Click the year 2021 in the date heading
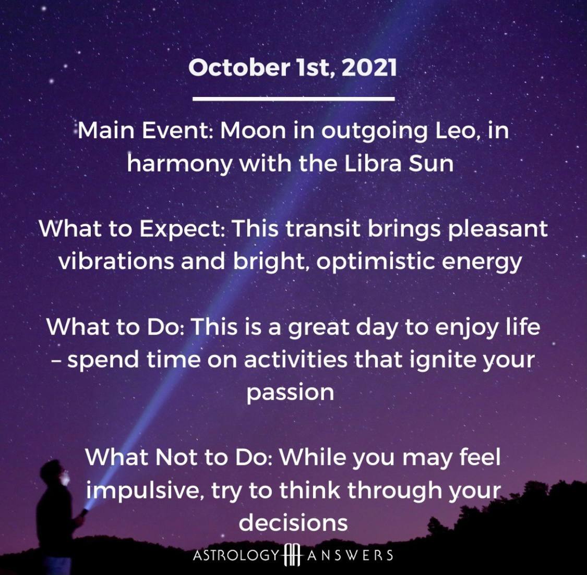click(369, 68)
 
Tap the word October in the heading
click(239, 68)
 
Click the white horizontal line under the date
click(293, 99)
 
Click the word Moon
click(253, 131)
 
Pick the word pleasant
click(498, 229)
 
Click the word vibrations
click(116, 261)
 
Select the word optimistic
click(376, 262)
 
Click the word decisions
click(293, 522)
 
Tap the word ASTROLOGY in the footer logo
click(236, 555)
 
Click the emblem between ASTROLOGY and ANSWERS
click(293, 555)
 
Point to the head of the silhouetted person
click(53, 472)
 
